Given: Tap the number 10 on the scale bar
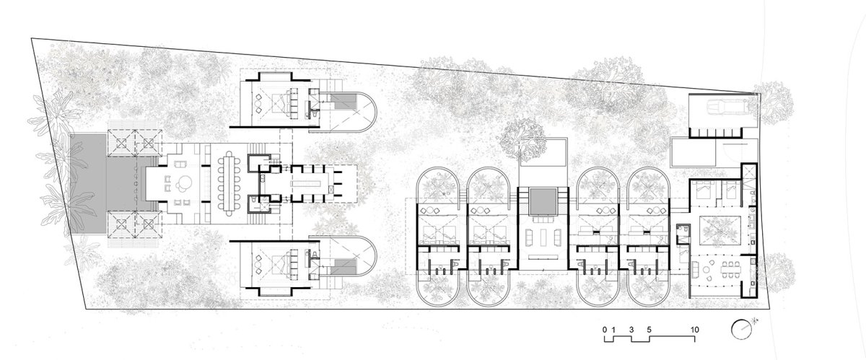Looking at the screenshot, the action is click(695, 330).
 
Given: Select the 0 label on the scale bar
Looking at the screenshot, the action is click(604, 330).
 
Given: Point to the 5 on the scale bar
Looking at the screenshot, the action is click(649, 330).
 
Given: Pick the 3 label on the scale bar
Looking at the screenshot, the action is click(631, 330).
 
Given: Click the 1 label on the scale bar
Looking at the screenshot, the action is click(613, 330).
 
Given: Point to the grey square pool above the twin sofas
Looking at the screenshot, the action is click(543, 201).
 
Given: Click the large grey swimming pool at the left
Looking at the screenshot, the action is click(88, 184).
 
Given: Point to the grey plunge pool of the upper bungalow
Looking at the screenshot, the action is click(344, 101).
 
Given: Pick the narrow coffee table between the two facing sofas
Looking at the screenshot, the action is click(543, 236).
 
